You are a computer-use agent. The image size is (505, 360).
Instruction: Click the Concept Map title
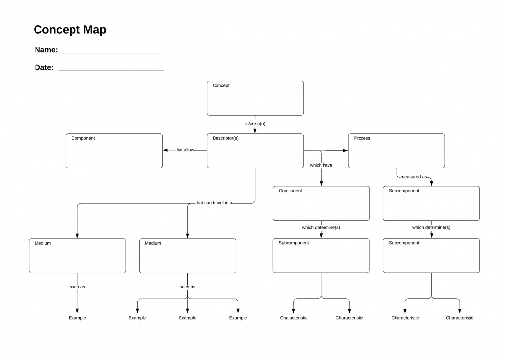point(70,30)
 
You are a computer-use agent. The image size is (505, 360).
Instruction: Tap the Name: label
point(46,50)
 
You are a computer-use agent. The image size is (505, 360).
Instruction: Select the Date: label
point(44,68)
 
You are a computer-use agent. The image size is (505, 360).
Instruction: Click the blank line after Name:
point(112,52)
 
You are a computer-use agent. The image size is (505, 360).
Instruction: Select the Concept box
point(255,98)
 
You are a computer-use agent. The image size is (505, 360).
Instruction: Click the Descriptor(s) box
point(255,150)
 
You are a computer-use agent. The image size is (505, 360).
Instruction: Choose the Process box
point(396,150)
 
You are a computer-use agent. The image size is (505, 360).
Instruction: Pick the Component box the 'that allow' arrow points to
point(114,150)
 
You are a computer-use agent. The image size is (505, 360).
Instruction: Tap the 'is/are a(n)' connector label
point(255,124)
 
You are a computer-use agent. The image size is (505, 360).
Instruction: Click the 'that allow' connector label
point(184,150)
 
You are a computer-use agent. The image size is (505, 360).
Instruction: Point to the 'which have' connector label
point(321,165)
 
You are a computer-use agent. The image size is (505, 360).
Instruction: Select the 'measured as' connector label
point(413,176)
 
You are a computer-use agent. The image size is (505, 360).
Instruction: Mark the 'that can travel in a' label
point(214,203)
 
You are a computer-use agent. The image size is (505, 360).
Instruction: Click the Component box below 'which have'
point(321,203)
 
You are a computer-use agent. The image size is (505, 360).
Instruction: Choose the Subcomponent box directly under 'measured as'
point(431,203)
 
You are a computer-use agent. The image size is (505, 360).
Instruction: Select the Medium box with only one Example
point(77,255)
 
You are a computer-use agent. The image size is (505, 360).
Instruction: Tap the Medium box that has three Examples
point(187,255)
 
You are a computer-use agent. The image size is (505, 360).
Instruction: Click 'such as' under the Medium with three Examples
point(187,287)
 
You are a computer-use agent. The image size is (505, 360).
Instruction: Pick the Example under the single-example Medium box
point(77,318)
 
